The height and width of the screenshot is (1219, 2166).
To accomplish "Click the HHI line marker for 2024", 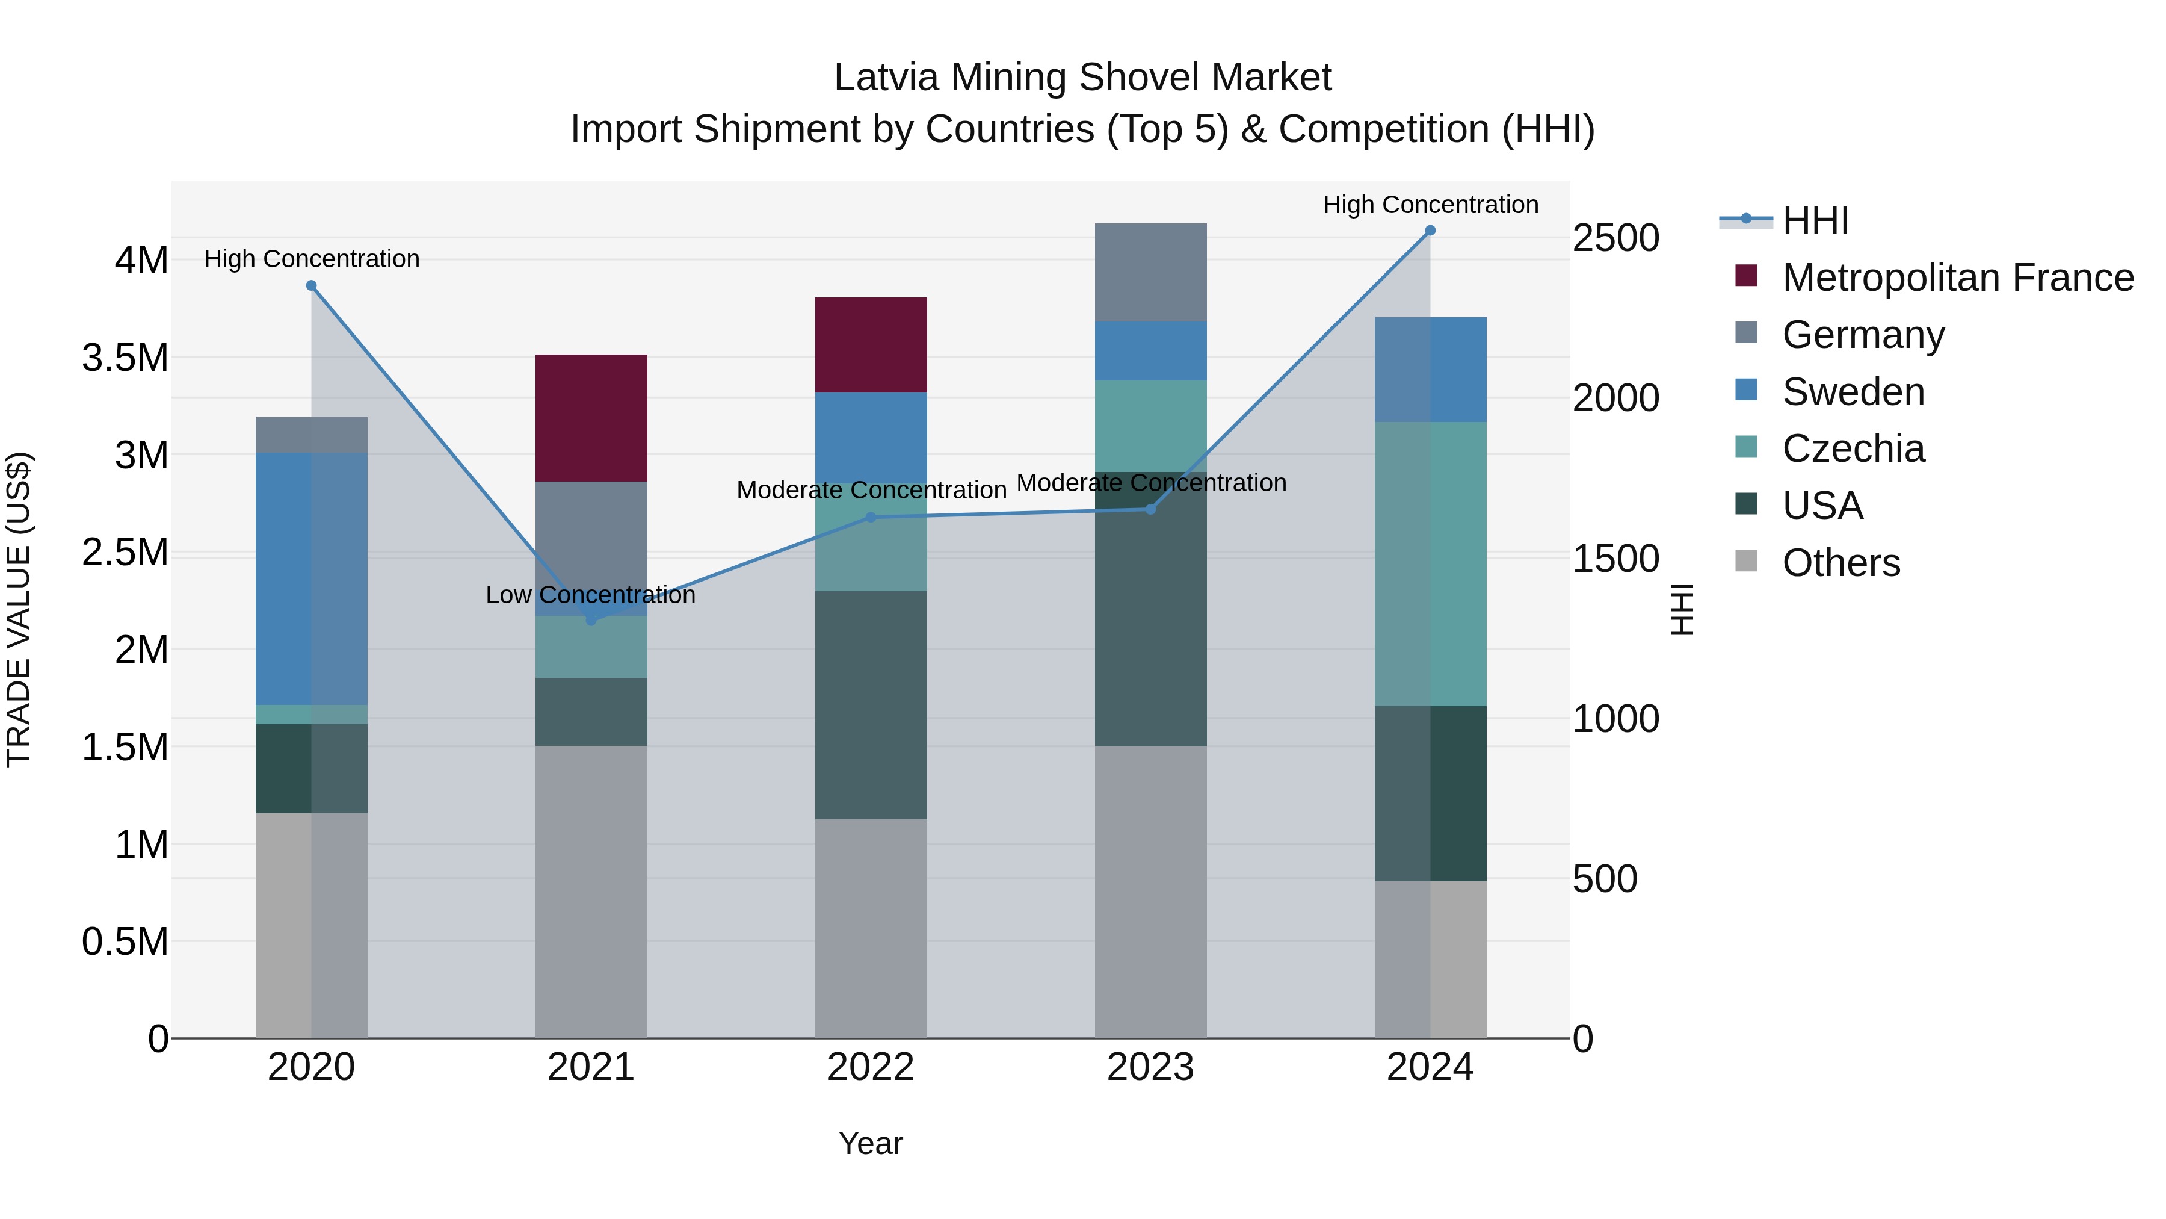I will pos(1430,231).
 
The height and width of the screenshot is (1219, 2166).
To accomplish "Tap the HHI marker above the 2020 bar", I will pos(311,285).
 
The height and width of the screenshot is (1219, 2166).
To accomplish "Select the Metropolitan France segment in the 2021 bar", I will pos(591,418).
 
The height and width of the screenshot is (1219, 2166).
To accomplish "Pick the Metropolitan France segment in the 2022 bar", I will pos(871,345).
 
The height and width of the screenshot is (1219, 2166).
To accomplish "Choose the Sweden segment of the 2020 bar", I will pos(311,578).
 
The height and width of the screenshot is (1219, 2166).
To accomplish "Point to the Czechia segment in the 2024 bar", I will pos(1430,563).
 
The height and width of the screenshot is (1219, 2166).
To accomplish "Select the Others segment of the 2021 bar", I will pos(591,892).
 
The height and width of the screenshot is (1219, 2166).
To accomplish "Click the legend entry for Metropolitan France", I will pos(1957,278).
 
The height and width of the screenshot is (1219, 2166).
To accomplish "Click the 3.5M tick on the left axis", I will pos(125,358).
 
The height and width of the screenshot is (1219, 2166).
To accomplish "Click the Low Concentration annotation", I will pos(590,595).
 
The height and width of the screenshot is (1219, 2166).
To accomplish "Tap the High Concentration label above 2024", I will pos(1430,205).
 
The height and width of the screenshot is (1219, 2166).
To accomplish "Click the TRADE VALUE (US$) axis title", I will pos(19,609).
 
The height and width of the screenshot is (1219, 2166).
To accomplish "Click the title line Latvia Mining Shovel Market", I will pos(1082,78).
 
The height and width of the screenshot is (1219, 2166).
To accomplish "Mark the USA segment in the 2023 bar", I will pos(1150,609).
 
